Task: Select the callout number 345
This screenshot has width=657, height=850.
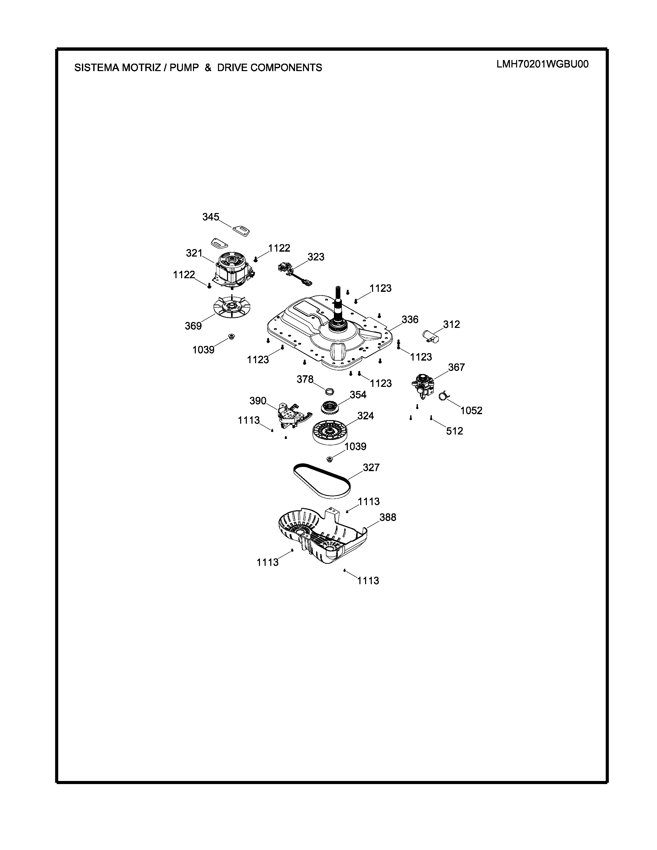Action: (210, 217)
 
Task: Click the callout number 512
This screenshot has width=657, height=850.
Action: (454, 431)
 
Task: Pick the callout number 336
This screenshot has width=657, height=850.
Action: (410, 320)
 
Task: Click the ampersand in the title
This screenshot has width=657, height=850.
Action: (208, 68)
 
